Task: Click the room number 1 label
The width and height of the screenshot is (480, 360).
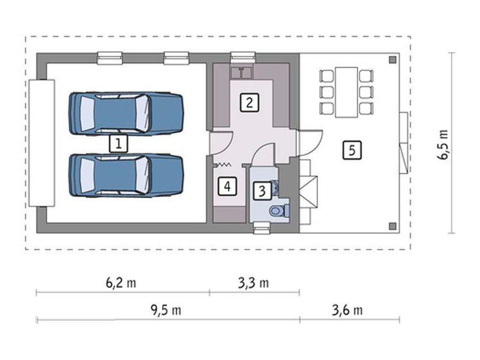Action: [118, 143]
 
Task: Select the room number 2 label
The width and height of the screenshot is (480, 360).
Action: [249, 102]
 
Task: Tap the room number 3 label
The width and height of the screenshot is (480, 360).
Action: [262, 191]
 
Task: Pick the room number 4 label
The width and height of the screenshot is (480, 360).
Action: [227, 186]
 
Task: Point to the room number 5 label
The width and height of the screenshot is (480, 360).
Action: [352, 151]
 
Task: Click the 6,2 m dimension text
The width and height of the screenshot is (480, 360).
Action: [121, 283]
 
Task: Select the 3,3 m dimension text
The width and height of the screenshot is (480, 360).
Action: [253, 283]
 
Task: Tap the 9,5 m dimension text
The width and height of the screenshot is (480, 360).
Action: [166, 310]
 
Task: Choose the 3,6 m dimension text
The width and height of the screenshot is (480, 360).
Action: [347, 310]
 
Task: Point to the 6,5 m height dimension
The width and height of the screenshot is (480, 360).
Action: [443, 145]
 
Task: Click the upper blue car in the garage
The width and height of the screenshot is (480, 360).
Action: [126, 113]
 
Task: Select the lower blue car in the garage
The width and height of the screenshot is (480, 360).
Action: [126, 175]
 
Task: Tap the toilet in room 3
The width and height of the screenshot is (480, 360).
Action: [280, 211]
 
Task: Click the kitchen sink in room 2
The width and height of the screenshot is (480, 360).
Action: [242, 73]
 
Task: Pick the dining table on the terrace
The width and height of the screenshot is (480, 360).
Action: [347, 92]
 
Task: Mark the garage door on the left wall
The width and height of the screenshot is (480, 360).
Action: [41, 143]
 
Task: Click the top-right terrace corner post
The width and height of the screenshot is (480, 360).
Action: [393, 60]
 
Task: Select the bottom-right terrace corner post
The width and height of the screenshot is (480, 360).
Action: [393, 226]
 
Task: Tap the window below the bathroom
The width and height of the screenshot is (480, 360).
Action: [262, 228]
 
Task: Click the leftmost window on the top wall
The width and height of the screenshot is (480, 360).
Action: [110, 58]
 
